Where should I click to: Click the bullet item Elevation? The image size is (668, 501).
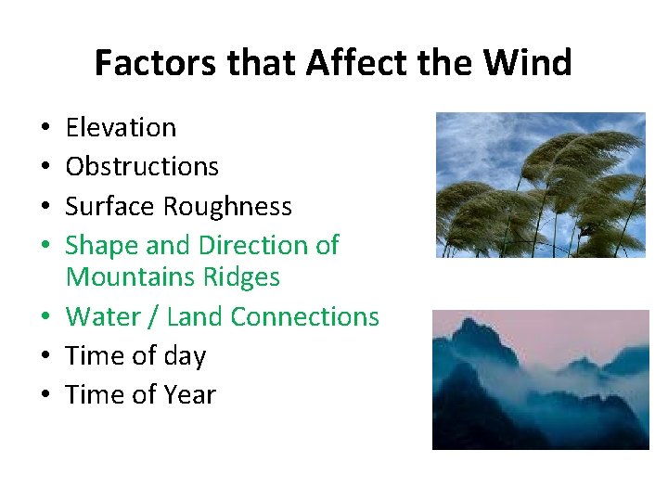121,127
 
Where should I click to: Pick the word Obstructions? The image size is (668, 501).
142,166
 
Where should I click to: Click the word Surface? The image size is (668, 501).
110,206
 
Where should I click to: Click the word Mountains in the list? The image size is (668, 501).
131,276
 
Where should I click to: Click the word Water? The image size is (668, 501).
103,316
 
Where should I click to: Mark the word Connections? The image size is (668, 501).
304,316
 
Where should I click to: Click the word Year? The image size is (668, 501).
190,394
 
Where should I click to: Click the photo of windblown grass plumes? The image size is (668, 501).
540,185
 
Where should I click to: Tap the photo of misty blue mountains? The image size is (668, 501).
540,379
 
